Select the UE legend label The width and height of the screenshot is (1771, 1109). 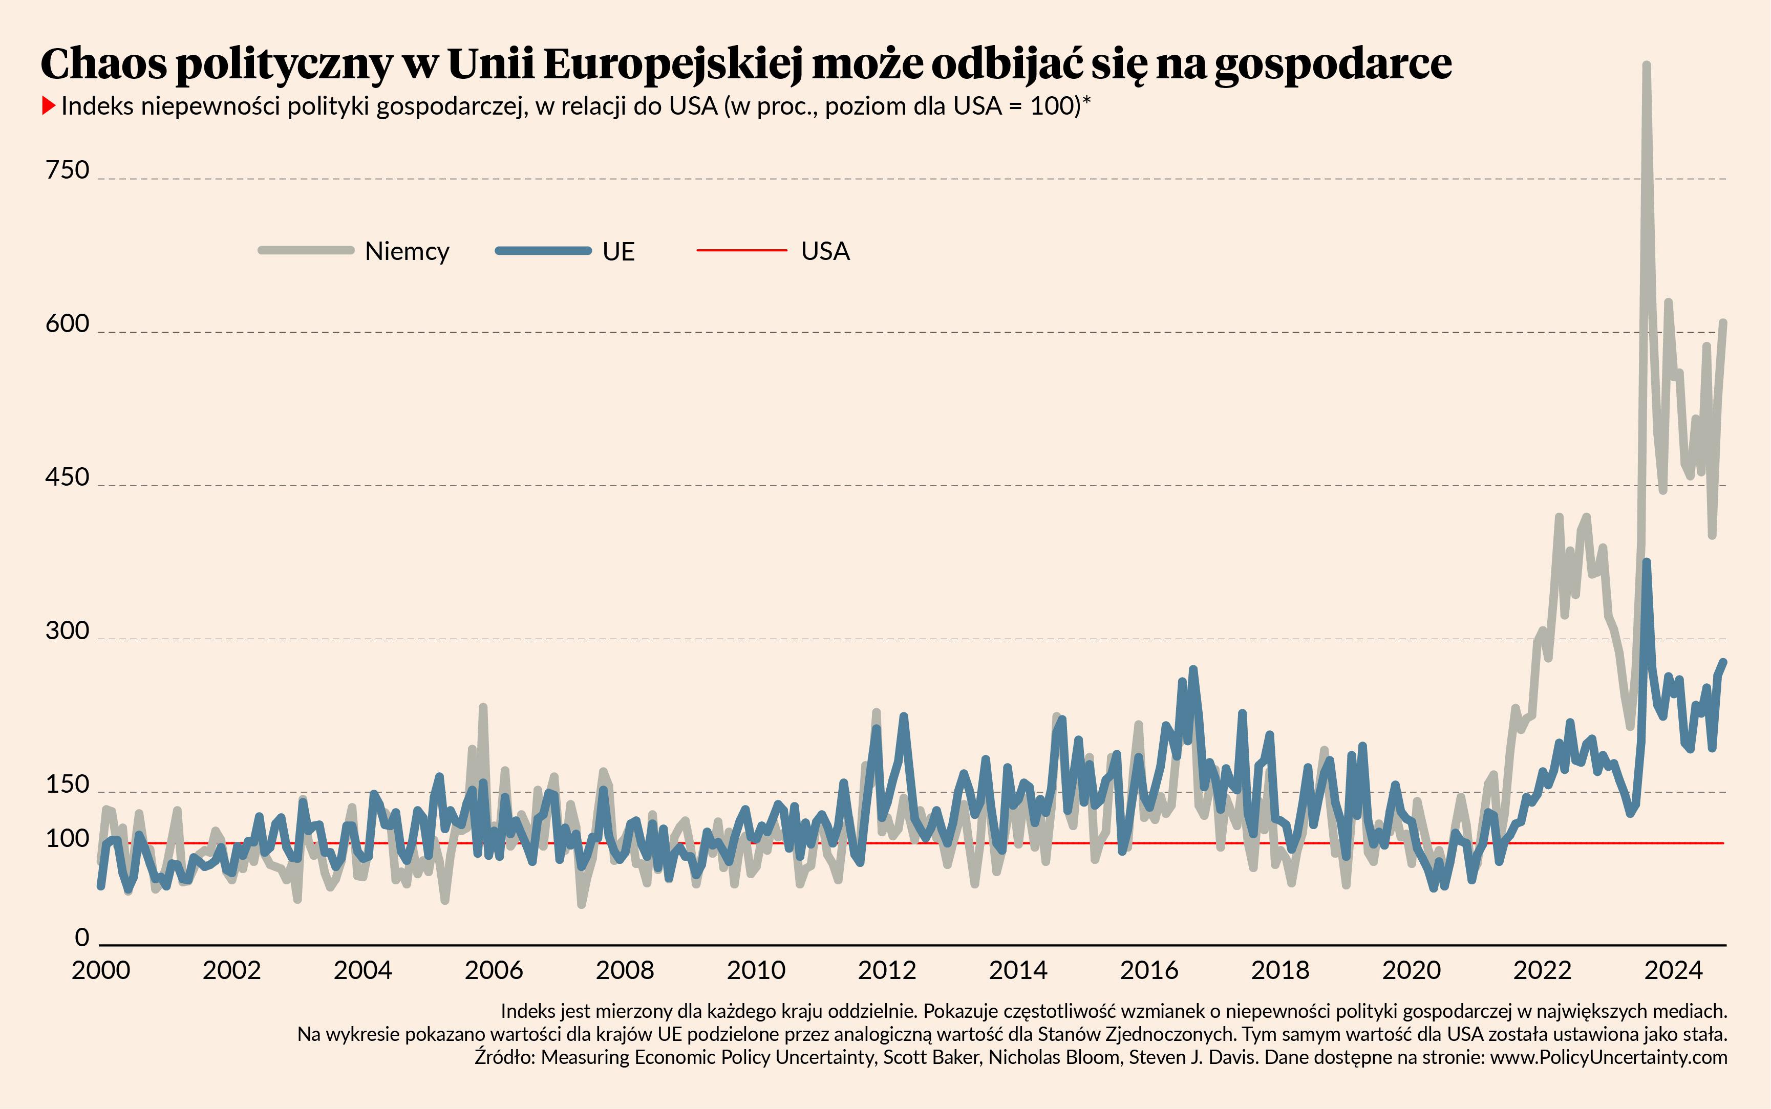pyautogui.click(x=618, y=252)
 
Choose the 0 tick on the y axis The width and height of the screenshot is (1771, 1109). pyautogui.click(x=82, y=938)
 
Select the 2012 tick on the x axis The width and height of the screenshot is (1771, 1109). pyautogui.click(x=887, y=970)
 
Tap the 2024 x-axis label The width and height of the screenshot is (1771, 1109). pyautogui.click(x=1673, y=970)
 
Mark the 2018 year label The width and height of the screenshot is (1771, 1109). pyautogui.click(x=1280, y=970)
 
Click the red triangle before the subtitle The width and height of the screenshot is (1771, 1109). pyautogui.click(x=49, y=106)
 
